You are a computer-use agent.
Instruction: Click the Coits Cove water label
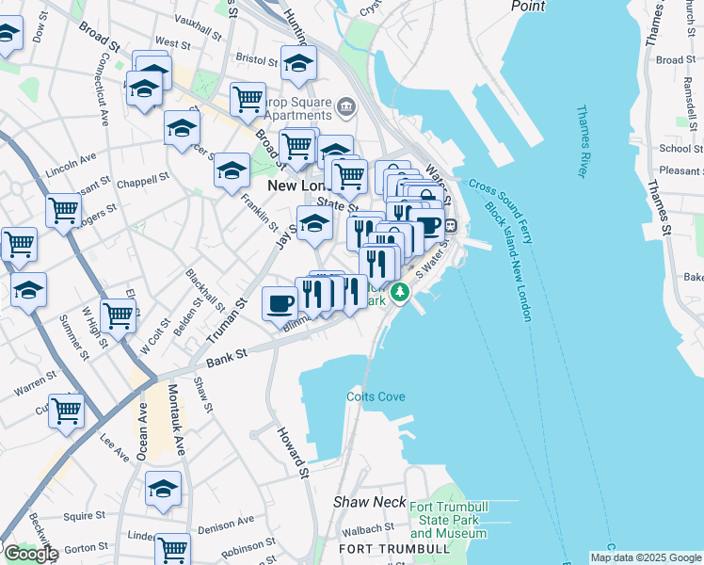pyautogui.click(x=375, y=396)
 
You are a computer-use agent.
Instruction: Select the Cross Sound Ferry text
pyautogui.click(x=496, y=209)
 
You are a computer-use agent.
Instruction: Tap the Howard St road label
pyautogui.click(x=293, y=451)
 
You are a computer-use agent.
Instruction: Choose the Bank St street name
pyautogui.click(x=227, y=354)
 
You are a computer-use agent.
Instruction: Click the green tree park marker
pyautogui.click(x=401, y=293)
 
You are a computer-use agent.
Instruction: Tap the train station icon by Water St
pyautogui.click(x=451, y=226)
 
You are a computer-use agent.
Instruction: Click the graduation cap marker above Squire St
pyautogui.click(x=163, y=489)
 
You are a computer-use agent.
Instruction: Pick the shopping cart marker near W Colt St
pyautogui.click(x=118, y=315)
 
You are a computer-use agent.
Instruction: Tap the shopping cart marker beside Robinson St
pyautogui.click(x=171, y=549)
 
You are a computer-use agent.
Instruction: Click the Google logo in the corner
pyautogui.click(x=30, y=554)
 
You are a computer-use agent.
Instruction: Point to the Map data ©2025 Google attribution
pyautogui.click(x=645, y=557)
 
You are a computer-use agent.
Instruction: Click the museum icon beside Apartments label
pyautogui.click(x=346, y=105)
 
